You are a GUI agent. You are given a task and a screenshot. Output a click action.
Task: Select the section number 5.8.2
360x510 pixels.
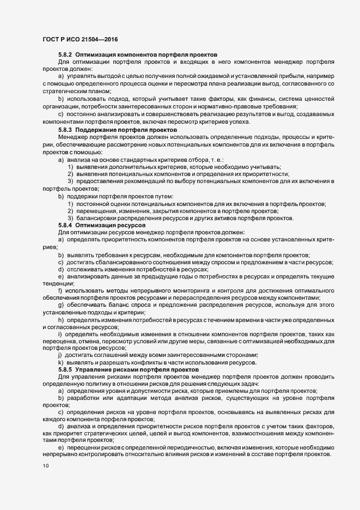click(65, 54)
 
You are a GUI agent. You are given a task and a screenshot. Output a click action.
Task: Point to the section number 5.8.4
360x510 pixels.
click(65, 224)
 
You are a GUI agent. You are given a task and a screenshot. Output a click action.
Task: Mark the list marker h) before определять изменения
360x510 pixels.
click(61, 320)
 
